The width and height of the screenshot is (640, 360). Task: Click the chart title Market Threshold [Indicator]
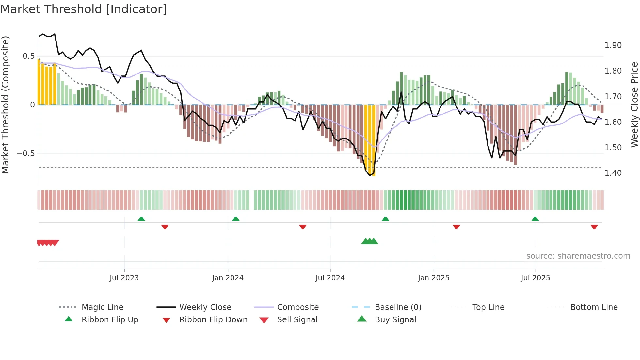[84, 9]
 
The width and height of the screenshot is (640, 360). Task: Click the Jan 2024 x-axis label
[228, 278]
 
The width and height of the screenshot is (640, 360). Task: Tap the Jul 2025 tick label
[535, 278]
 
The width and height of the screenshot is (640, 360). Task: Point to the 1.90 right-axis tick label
[613, 45]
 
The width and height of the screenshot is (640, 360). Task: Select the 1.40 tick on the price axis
[613, 173]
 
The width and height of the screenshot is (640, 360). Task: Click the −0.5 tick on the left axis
[25, 154]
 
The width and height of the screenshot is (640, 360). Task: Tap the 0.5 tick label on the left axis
[28, 56]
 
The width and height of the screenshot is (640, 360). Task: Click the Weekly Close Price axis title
[634, 105]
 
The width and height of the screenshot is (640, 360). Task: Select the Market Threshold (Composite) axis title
[5, 105]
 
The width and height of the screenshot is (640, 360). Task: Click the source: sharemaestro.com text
[578, 256]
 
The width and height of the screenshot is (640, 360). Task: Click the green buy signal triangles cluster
[370, 241]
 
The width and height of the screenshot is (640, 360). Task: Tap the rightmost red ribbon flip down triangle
[594, 227]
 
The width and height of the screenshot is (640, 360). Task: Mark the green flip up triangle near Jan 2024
[236, 219]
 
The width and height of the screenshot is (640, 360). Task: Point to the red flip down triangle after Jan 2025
[456, 227]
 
